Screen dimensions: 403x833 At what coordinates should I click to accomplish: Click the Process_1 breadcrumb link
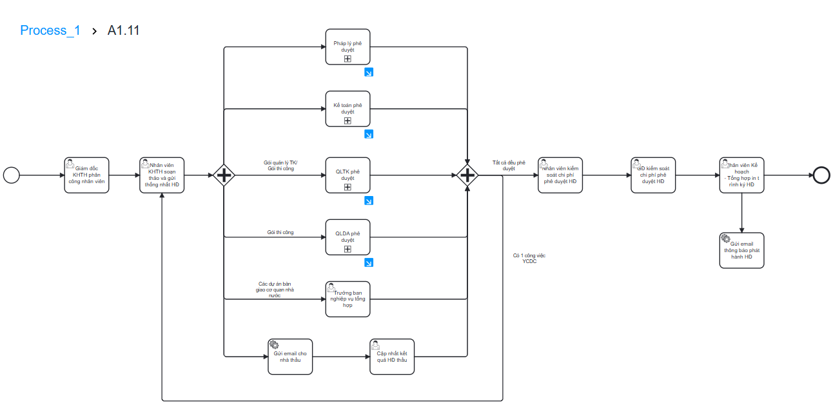click(x=50, y=30)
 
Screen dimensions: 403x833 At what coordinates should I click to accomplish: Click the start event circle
click(x=12, y=175)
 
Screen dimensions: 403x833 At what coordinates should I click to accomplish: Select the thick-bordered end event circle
click(x=821, y=175)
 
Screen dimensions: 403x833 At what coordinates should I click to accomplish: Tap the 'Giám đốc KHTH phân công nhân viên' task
click(x=87, y=175)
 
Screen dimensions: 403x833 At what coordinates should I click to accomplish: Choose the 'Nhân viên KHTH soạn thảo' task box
click(x=162, y=175)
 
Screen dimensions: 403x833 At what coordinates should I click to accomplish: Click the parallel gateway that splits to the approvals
click(x=224, y=175)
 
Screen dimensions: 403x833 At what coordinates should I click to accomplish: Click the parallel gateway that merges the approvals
click(x=467, y=175)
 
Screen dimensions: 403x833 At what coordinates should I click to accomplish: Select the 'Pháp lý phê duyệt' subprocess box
click(x=348, y=47)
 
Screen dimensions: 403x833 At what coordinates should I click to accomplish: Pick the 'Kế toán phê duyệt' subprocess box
click(x=348, y=109)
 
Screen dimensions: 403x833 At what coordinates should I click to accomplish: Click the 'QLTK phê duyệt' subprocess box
click(x=348, y=175)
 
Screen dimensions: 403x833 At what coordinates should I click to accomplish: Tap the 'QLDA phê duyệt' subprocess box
click(x=348, y=237)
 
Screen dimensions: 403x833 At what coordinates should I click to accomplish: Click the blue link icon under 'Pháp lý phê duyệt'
click(x=369, y=72)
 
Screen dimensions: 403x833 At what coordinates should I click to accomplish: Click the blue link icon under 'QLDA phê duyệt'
click(x=369, y=262)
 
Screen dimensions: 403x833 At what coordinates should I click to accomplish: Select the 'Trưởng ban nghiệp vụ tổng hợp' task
click(x=348, y=299)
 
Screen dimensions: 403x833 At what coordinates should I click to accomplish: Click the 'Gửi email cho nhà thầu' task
click(x=290, y=356)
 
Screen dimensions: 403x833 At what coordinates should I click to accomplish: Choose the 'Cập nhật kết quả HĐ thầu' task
click(x=392, y=356)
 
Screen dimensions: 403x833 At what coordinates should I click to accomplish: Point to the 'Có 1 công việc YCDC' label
click(x=529, y=259)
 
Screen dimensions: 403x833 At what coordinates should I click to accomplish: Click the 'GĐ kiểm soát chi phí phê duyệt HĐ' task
click(x=653, y=175)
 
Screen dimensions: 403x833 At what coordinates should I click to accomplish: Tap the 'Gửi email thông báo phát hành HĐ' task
click(x=741, y=250)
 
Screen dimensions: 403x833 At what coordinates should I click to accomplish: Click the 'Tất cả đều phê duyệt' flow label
click(x=509, y=166)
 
